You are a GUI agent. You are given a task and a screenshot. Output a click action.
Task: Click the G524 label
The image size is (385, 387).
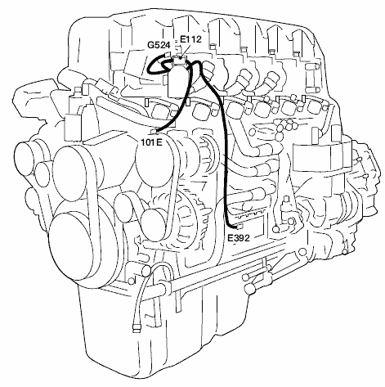(159, 45)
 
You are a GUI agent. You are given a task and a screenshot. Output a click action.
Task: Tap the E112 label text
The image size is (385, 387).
(190, 39)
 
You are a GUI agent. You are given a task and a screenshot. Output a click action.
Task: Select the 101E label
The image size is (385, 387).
(152, 142)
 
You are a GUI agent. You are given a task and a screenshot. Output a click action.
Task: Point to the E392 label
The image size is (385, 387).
(239, 238)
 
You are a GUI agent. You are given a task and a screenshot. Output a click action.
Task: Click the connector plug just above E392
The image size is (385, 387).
(240, 227)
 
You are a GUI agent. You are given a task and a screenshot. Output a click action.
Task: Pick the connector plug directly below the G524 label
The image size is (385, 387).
(168, 54)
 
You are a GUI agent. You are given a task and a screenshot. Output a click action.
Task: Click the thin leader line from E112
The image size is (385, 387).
(185, 50)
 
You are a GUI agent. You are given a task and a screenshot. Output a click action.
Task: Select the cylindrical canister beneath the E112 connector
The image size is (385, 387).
(178, 81)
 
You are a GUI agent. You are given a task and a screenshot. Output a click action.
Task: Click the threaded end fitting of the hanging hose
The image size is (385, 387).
(137, 327)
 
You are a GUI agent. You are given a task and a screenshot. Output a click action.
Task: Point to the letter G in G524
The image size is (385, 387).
(150, 45)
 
